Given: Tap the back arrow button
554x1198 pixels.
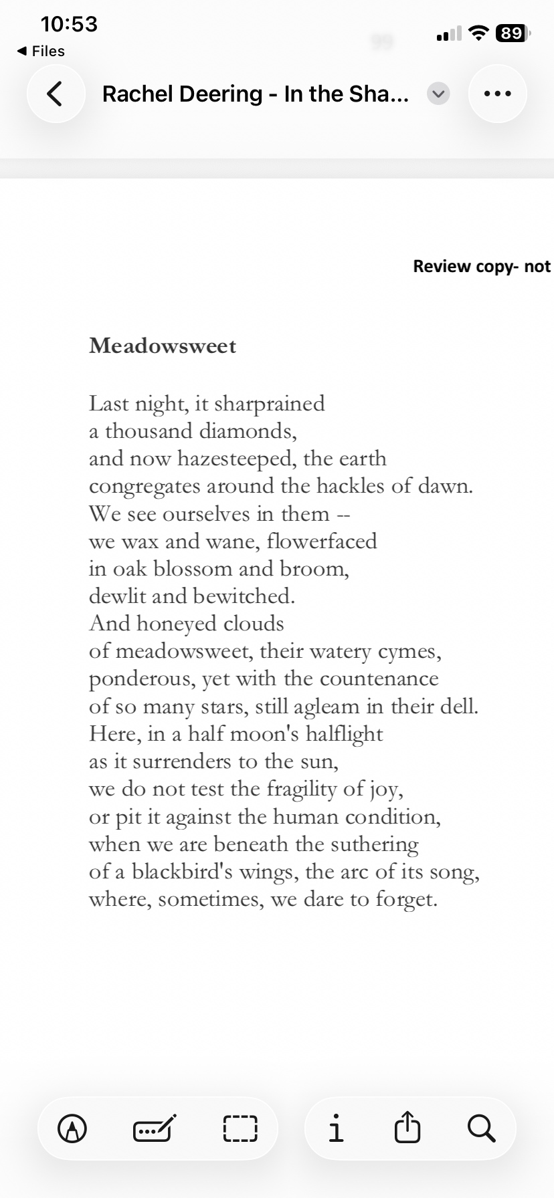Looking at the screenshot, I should tap(56, 94).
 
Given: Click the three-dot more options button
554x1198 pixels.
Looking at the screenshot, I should tap(497, 94).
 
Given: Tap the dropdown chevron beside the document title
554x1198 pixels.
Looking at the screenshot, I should tap(438, 94).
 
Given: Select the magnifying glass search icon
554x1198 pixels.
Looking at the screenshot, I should tap(481, 1128).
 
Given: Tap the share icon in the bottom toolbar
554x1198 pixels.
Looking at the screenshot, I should tap(407, 1128).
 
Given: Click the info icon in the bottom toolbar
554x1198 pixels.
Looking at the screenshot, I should tap(337, 1128).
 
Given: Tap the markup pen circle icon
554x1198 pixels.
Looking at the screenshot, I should tap(72, 1128).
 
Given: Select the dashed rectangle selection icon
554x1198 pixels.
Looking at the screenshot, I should tap(240, 1128).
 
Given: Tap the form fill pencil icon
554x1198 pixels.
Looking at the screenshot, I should tap(155, 1128).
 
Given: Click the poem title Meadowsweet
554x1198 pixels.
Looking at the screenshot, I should tap(163, 346).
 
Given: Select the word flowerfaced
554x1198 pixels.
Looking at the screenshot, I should tap(322, 541).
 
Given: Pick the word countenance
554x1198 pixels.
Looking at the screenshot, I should tap(379, 679).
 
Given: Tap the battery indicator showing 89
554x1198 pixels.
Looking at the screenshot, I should tap(512, 33).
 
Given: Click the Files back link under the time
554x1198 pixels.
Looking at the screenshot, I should tap(41, 51).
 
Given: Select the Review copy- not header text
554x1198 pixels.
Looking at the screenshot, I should tap(482, 266).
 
